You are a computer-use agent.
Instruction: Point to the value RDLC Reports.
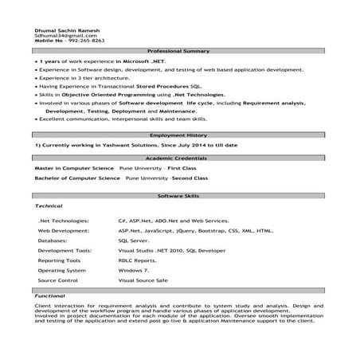coord(137,260)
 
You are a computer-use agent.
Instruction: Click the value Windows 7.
coord(133,270)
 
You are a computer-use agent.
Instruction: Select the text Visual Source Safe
coord(144,280)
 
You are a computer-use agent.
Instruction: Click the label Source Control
coord(57,280)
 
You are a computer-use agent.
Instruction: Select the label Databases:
coord(53,239)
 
